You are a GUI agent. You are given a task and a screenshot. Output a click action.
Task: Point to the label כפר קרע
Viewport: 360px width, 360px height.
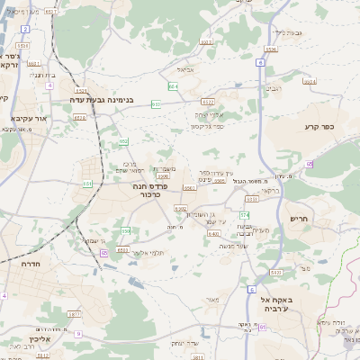319,127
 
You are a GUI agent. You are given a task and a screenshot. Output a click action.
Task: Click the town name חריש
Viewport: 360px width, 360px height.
300,219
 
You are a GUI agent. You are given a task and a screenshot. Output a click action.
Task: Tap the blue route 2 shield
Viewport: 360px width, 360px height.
24,29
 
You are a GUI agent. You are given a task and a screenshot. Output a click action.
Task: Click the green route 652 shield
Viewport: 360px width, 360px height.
123,141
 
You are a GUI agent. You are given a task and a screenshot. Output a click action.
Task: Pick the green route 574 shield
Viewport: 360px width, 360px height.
244,215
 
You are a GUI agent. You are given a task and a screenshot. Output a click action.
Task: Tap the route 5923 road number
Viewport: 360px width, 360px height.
277,271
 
